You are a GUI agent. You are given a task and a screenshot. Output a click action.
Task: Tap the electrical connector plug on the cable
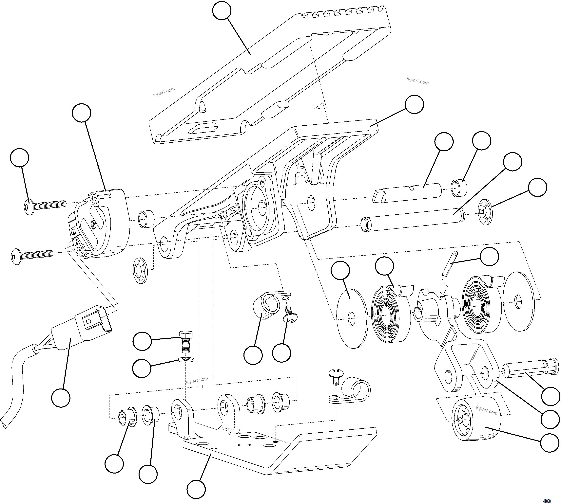pos(83,327)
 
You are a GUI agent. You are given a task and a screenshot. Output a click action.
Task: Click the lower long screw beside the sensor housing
pos(32,254)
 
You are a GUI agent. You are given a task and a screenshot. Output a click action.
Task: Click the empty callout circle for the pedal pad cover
pos(222,10)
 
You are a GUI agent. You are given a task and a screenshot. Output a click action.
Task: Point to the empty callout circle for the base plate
pos(196,490)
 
